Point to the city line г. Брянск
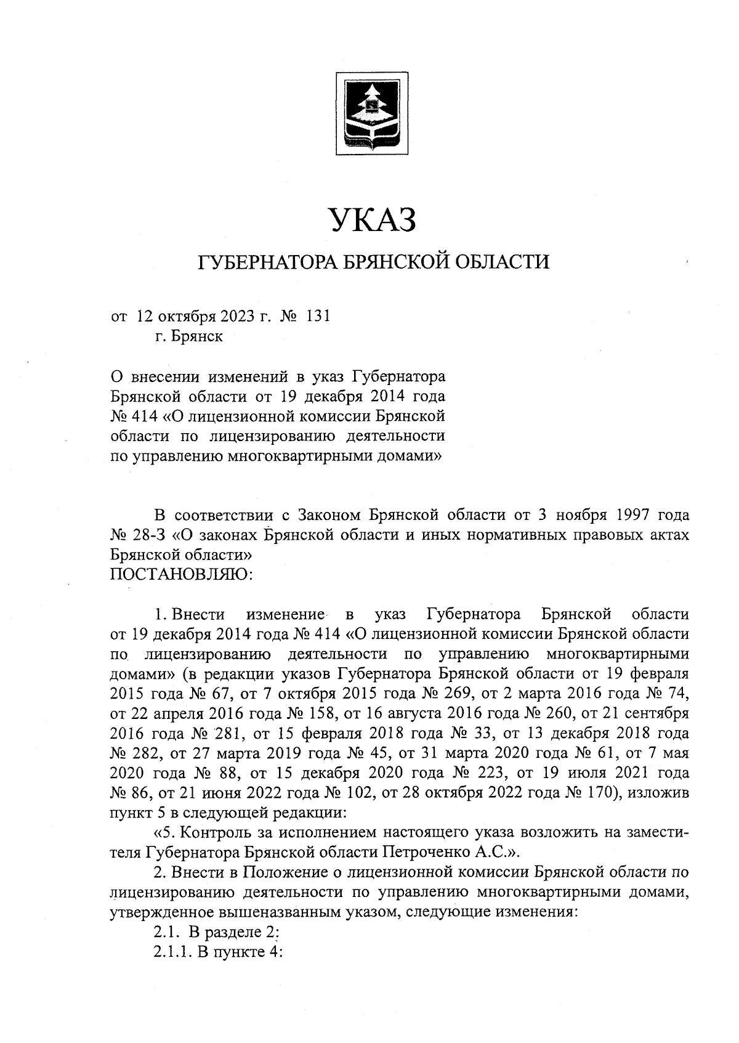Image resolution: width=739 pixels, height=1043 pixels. point(188,337)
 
